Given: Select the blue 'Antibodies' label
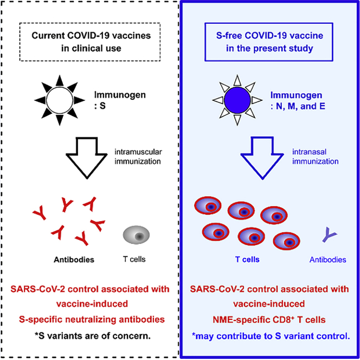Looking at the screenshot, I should click(x=327, y=260).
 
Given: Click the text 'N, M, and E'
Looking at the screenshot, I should click(x=307, y=106).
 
